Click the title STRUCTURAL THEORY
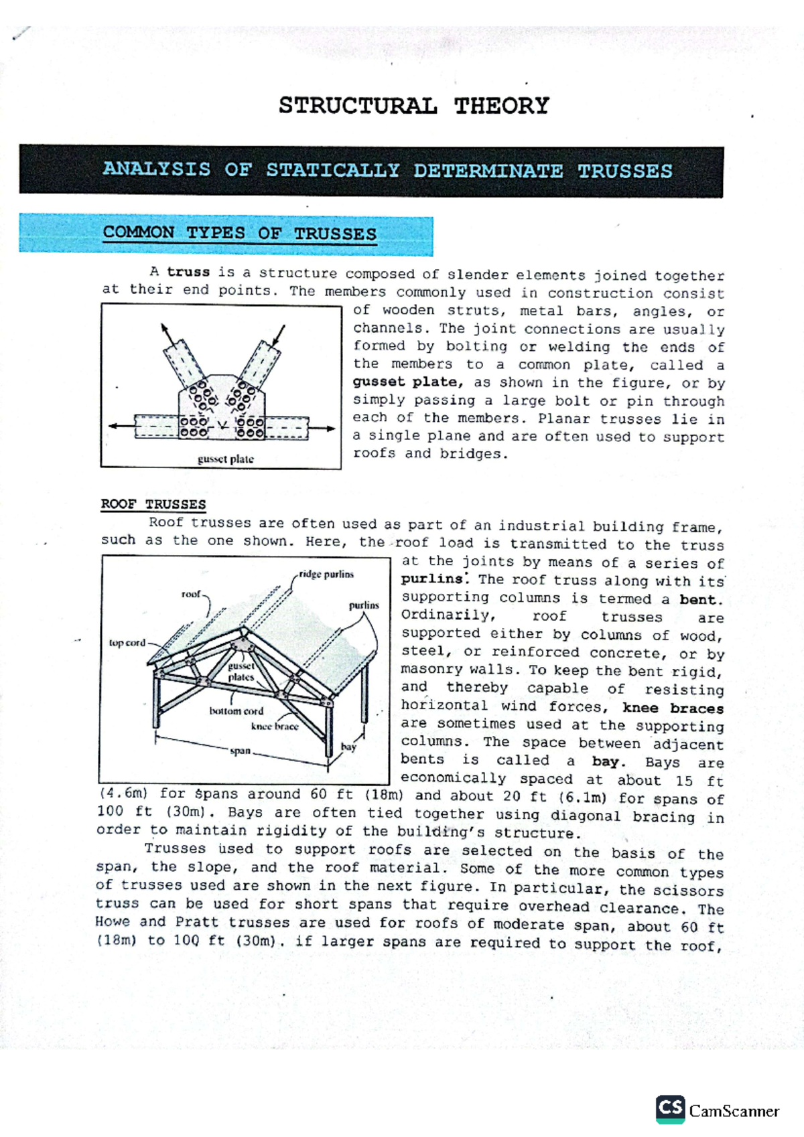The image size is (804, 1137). [x=413, y=106]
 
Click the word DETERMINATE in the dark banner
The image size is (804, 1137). [x=487, y=171]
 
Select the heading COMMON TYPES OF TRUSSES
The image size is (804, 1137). [x=239, y=234]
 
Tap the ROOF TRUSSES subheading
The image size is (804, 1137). [x=153, y=504]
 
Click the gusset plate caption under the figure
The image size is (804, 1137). [x=225, y=459]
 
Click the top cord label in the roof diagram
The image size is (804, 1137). [x=127, y=643]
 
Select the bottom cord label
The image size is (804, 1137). [x=236, y=711]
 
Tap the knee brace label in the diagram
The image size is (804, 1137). [x=275, y=727]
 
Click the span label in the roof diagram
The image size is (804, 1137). [x=240, y=751]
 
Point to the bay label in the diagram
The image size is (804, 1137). [x=348, y=747]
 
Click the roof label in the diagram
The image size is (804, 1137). [x=191, y=594]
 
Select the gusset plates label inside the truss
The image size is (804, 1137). [x=241, y=672]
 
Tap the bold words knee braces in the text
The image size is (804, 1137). [x=673, y=708]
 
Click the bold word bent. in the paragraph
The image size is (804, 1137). [x=701, y=599]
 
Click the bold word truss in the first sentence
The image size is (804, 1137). [x=188, y=273]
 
